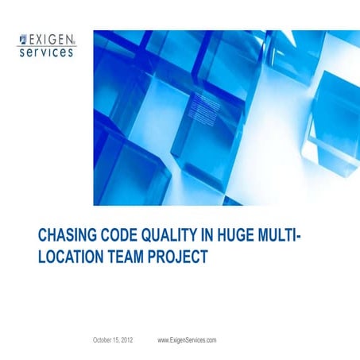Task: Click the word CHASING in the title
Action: pos(68,235)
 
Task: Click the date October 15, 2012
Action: pos(113,339)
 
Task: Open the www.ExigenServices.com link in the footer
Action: pos(188,339)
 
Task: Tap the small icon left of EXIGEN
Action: pos(22,37)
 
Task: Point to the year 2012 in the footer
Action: pos(126,339)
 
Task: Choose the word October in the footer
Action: pos(102,339)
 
